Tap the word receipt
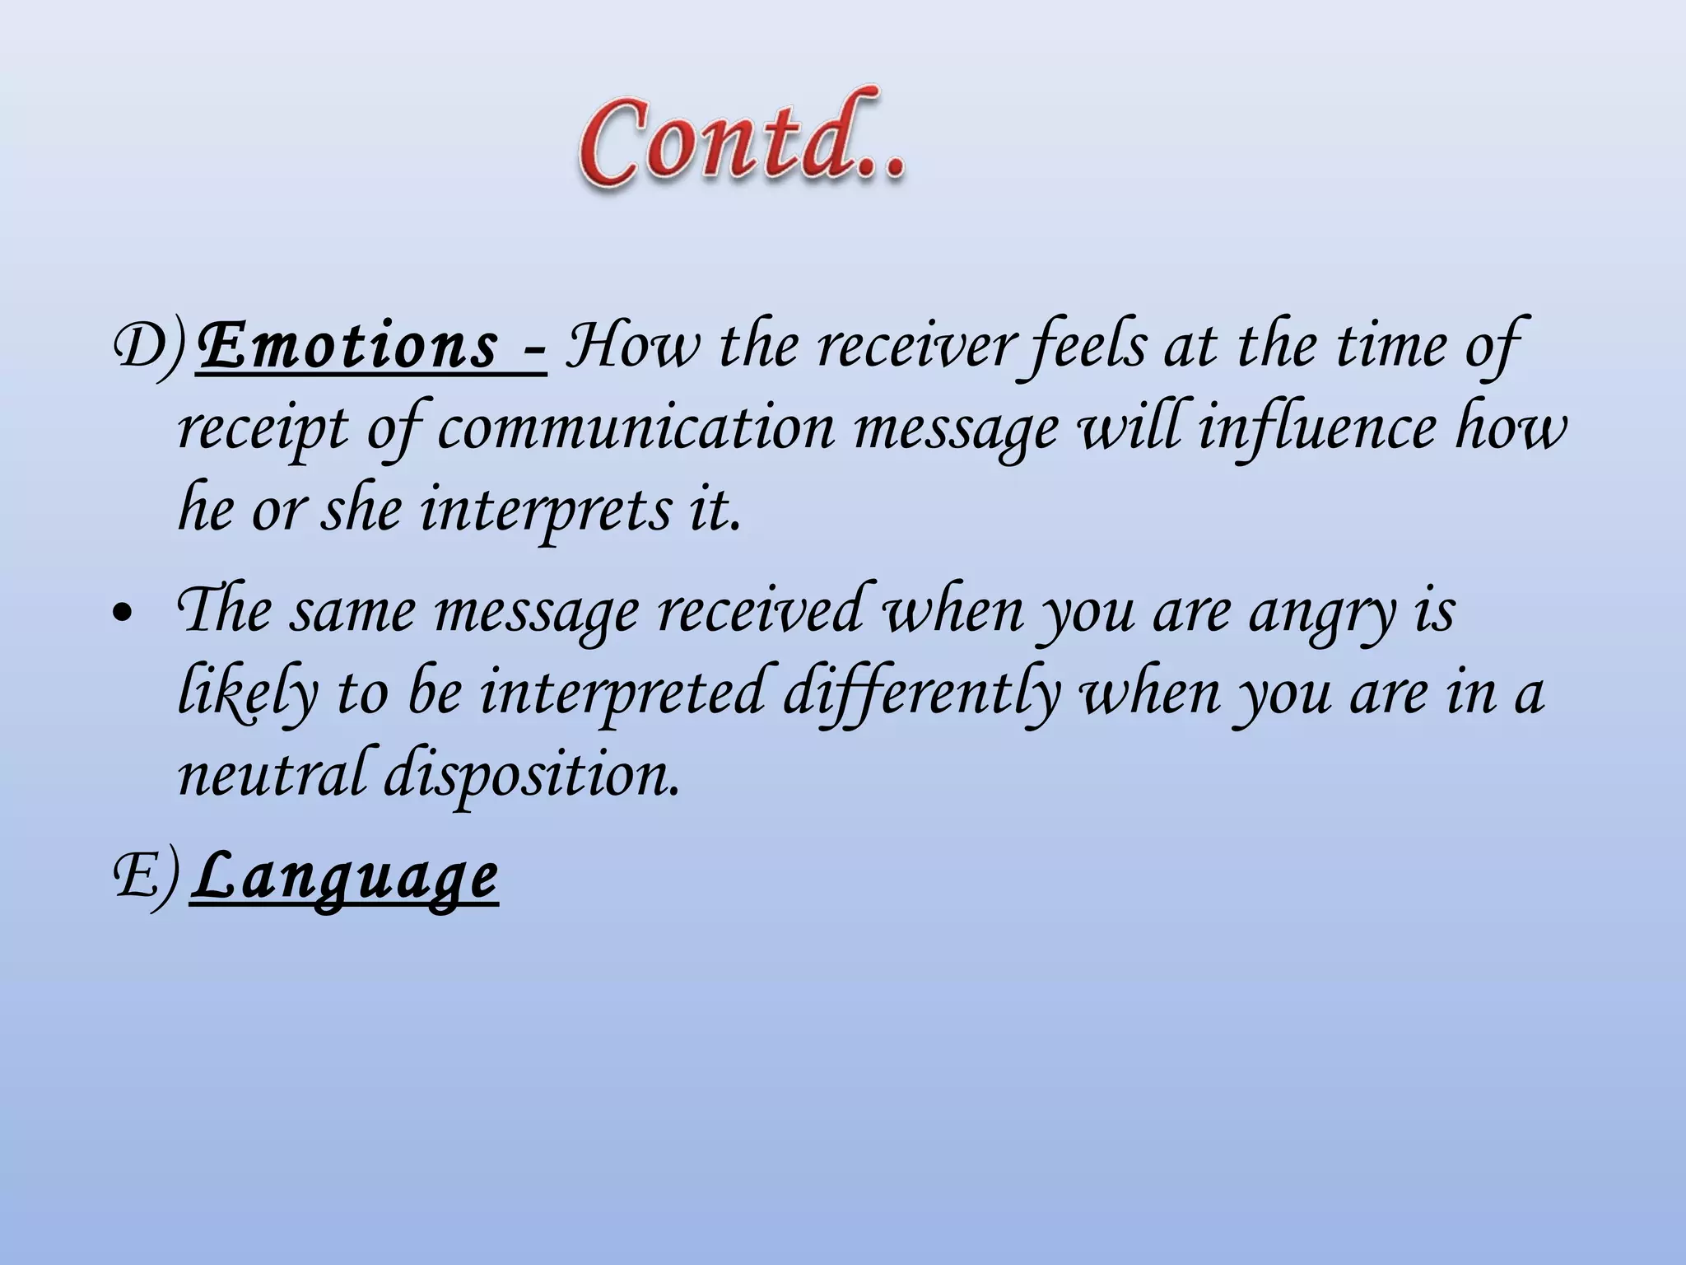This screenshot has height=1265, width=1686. tap(263, 428)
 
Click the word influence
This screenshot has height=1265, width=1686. tap(1316, 428)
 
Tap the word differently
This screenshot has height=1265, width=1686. tap(921, 693)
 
